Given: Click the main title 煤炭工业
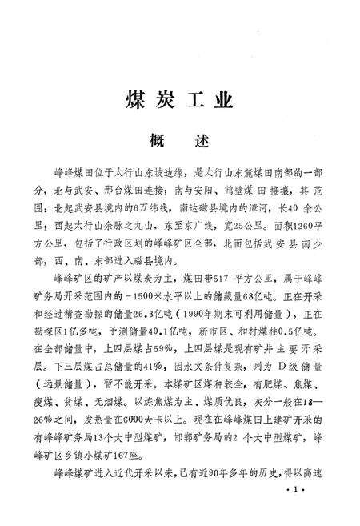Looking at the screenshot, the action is (179, 102).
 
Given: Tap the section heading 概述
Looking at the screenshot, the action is (179, 140).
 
